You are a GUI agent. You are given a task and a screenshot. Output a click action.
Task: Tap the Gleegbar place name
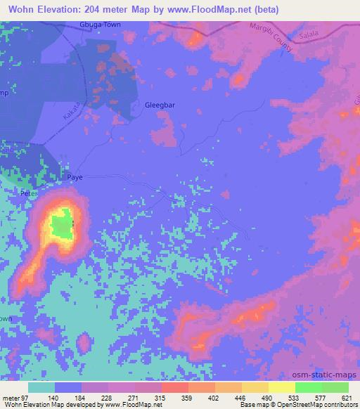[159, 105]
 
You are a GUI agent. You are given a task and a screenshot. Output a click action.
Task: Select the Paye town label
[75, 178]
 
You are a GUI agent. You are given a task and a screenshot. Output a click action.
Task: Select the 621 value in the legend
[345, 398]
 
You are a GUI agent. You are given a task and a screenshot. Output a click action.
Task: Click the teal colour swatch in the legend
[41, 387]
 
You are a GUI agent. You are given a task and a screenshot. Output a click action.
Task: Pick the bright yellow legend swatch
[282, 387]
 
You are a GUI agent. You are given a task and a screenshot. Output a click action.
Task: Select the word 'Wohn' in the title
[18, 9]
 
